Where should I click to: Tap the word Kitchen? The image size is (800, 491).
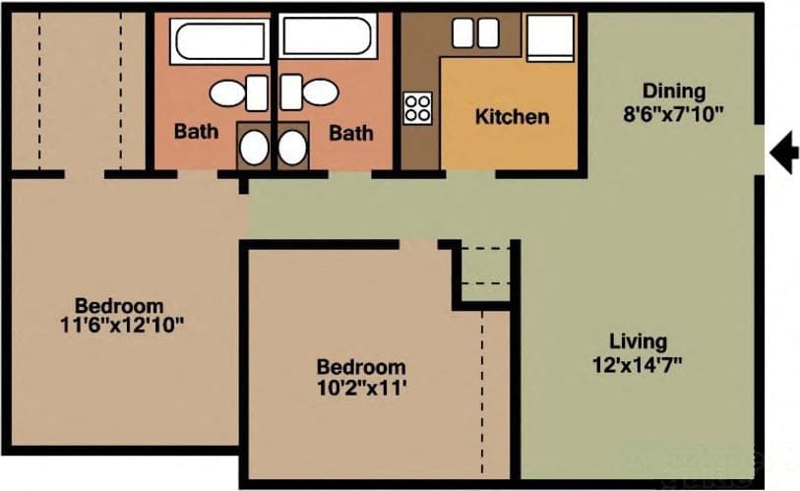click(512, 117)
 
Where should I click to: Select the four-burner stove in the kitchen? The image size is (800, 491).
click(418, 105)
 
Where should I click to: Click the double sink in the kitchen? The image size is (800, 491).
click(475, 33)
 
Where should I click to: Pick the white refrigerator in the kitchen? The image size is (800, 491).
click(549, 37)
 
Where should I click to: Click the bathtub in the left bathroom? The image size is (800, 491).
click(219, 39)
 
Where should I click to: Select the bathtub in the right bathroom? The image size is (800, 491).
click(329, 37)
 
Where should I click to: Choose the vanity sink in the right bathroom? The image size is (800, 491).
click(292, 147)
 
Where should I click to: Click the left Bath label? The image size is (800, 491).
click(197, 131)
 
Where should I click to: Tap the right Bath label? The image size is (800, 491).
click(351, 132)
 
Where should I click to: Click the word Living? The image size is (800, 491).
click(638, 342)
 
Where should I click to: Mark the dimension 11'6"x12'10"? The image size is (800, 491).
click(122, 325)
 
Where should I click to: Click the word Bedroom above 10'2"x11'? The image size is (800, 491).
click(360, 367)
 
